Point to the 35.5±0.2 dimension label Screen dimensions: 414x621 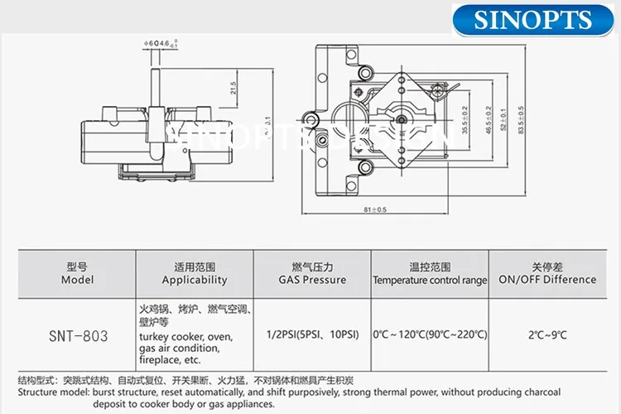tap(464, 121)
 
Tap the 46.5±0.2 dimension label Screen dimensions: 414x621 tap(489, 121)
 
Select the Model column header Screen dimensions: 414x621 tap(77, 273)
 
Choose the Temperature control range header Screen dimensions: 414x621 tap(430, 273)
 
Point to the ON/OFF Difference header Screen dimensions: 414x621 tap(546, 273)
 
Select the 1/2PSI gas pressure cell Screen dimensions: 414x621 tap(312, 335)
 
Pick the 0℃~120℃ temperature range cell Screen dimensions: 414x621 tap(430, 335)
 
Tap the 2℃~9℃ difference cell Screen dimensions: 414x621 tap(546, 335)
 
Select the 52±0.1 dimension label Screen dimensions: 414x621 tap(504, 121)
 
